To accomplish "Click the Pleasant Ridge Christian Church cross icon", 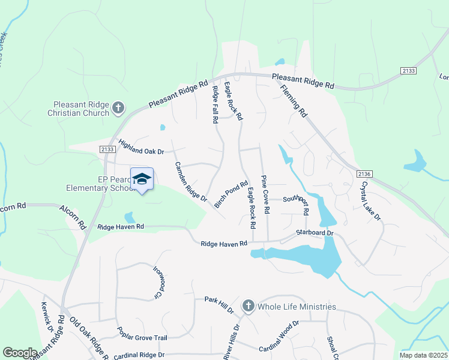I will coord(119,108).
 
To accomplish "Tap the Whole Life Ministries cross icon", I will coord(249,307).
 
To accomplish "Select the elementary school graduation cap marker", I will coord(142,179).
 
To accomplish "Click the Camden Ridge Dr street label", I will coord(191,181).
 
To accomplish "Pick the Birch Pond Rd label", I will coord(231,195).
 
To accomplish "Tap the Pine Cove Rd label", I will coord(264,194).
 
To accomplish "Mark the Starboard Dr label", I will coord(314,232).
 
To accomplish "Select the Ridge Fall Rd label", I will coord(215,105).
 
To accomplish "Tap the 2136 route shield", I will coord(364,174).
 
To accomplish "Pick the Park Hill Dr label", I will coord(218,304).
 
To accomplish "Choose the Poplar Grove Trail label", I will coord(143,338).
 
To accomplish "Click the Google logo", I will coord(20,352).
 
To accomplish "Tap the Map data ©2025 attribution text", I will coord(423,355).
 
